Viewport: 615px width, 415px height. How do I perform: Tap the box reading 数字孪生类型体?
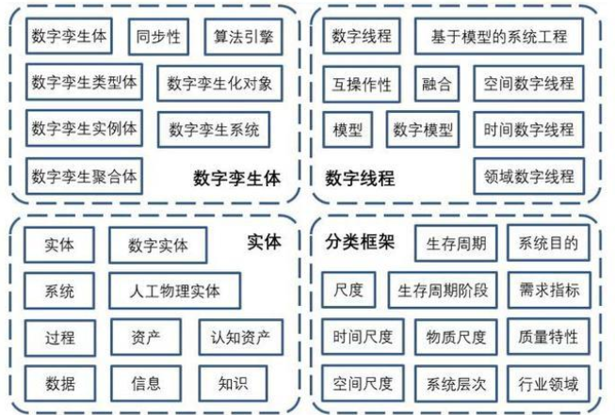pyautogui.click(x=84, y=83)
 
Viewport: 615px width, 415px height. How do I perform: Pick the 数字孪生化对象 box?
pyautogui.click(x=219, y=84)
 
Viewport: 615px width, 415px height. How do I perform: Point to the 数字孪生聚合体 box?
pyautogui.click(x=84, y=176)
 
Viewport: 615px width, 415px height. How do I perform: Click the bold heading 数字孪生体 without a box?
pyautogui.click(x=236, y=177)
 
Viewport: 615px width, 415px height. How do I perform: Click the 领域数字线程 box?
pyautogui.click(x=528, y=176)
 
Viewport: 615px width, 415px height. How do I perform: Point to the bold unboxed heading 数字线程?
pyautogui.click(x=360, y=177)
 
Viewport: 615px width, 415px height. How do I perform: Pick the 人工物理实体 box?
pyautogui.click(x=175, y=291)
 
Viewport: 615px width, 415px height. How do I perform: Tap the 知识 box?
pyautogui.click(x=233, y=383)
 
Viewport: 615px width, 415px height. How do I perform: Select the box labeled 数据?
pyautogui.click(x=59, y=383)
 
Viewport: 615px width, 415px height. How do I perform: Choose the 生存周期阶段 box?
pyautogui.click(x=443, y=290)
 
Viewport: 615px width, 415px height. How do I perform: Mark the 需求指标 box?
pyautogui.click(x=548, y=290)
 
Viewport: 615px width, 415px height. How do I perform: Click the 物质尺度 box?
pyautogui.click(x=456, y=336)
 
